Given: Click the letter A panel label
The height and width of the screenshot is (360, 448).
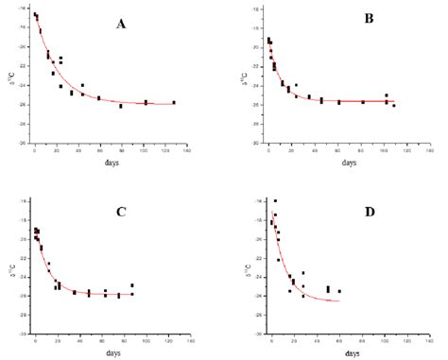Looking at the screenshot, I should (x=121, y=24).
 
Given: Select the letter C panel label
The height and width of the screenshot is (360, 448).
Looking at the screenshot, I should (x=121, y=212).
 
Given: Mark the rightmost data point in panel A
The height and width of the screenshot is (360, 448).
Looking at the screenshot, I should (x=174, y=102).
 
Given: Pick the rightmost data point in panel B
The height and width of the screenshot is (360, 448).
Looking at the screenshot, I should (x=393, y=105).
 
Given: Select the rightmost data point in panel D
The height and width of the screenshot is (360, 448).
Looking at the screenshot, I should (x=339, y=291).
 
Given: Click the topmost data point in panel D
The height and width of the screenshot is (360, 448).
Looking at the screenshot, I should (x=275, y=200).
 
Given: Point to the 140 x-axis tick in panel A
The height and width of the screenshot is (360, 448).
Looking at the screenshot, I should (x=186, y=150).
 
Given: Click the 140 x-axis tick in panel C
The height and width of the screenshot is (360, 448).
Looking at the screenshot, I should (x=186, y=338).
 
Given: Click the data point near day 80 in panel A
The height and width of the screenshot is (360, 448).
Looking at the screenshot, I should (x=121, y=106).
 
